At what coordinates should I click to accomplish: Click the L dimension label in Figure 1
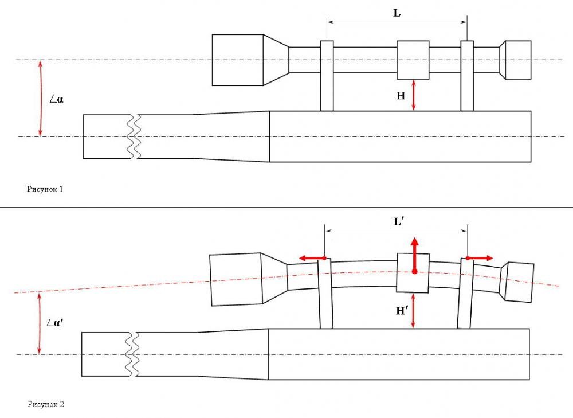[x=397, y=13]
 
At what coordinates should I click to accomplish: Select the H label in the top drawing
[x=401, y=96]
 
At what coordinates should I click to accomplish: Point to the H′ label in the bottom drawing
[x=402, y=311]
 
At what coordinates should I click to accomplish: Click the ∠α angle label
[x=56, y=99]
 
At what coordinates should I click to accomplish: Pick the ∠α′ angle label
[x=56, y=322]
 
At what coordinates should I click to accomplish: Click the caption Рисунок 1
[x=45, y=189]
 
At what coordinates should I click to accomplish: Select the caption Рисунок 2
[x=46, y=404]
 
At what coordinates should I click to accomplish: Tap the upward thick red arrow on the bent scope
[x=414, y=251]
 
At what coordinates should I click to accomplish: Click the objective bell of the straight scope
[x=238, y=60]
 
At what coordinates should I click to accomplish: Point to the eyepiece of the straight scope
[x=517, y=60]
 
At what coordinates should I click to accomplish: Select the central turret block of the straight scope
[x=413, y=60]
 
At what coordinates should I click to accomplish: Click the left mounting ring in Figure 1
[x=327, y=76]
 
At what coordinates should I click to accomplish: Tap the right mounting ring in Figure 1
[x=467, y=76]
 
